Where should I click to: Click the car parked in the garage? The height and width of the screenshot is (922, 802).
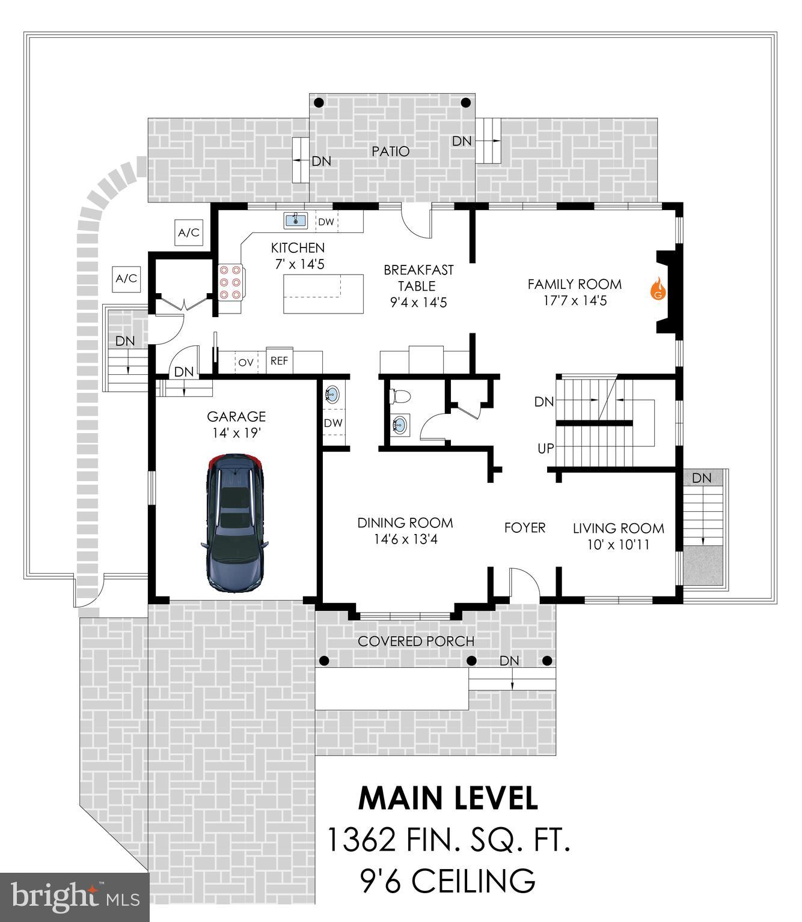[234, 523]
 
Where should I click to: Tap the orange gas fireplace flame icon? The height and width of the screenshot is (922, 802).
[659, 289]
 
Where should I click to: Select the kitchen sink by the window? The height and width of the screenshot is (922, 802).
[295, 220]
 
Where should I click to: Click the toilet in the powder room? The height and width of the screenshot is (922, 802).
[400, 396]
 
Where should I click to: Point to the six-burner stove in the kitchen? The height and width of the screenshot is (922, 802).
[230, 282]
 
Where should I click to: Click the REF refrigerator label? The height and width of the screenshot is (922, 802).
[279, 361]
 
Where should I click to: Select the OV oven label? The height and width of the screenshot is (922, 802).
[245, 362]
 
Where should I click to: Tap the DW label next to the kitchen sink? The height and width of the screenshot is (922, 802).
[326, 222]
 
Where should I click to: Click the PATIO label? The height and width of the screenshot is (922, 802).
[390, 151]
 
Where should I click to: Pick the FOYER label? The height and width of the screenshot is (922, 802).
[524, 527]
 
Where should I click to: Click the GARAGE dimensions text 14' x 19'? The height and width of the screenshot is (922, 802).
[236, 432]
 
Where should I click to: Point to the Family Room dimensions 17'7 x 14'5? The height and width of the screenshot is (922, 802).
[574, 301]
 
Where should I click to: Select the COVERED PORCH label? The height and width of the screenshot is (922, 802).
[416, 641]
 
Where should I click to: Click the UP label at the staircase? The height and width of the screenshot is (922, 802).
[545, 448]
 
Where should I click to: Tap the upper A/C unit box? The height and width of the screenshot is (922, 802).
[189, 232]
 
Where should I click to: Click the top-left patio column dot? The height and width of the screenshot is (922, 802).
[319, 103]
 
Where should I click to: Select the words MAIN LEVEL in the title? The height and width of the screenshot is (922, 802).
[448, 798]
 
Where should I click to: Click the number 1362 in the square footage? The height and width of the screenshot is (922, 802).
[361, 839]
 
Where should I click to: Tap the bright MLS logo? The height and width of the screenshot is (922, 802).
[75, 897]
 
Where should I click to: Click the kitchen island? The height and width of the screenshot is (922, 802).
[323, 294]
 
